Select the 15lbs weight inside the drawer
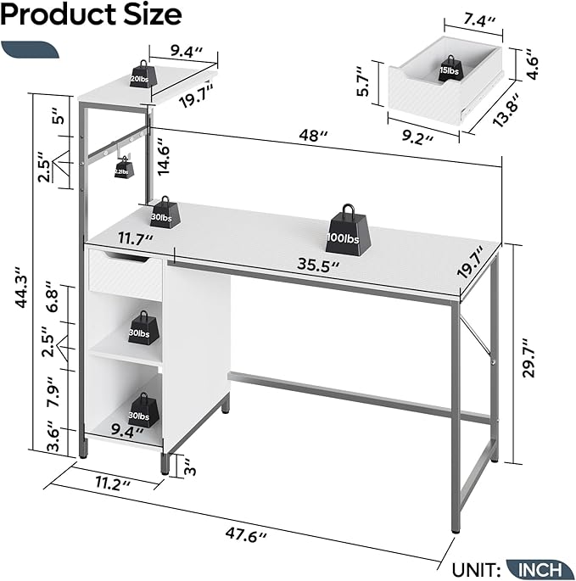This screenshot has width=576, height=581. click(450, 69)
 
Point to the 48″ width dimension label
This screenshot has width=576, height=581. click(313, 136)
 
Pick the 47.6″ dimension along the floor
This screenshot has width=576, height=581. click(246, 535)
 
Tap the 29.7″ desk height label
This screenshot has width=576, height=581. click(528, 357)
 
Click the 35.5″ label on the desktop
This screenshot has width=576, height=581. click(318, 265)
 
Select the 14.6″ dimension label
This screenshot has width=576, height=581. click(162, 156)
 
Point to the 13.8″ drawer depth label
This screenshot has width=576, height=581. click(506, 110)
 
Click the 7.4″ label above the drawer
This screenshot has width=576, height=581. click(479, 20)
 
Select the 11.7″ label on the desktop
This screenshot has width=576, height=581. click(135, 239)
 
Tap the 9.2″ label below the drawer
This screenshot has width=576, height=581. click(417, 138)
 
